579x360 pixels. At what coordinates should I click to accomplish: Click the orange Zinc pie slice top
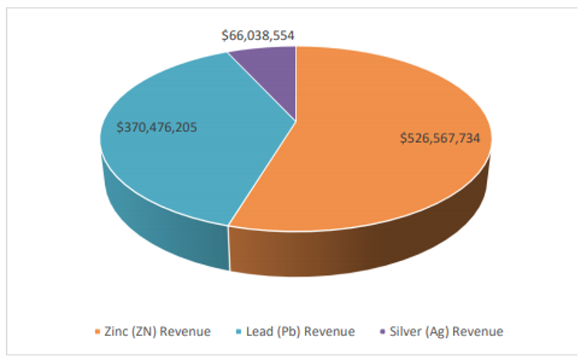[371, 178]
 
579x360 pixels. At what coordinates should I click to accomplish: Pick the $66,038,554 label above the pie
[258, 36]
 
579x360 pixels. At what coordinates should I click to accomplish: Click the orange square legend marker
[97, 332]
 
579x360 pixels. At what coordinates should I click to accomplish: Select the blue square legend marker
[238, 332]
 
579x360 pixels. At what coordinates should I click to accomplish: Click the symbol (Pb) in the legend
[290, 331]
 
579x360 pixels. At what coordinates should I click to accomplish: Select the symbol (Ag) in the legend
[443, 331]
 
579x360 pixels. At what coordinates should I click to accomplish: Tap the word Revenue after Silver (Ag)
[481, 331]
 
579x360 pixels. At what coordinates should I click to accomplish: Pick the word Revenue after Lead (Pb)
[330, 331]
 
